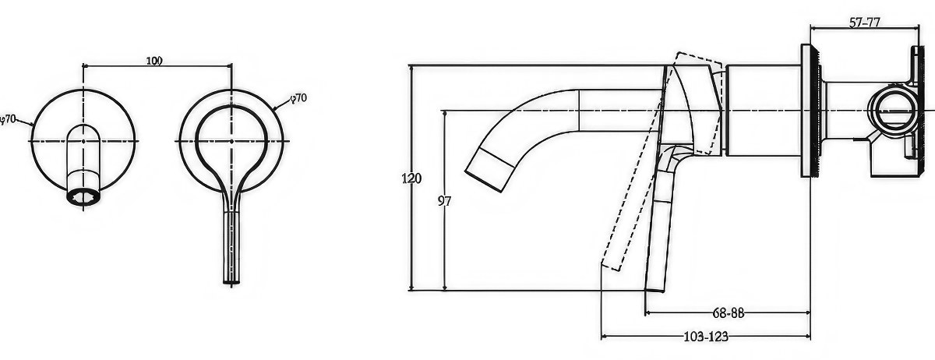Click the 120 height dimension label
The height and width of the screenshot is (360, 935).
pos(411,178)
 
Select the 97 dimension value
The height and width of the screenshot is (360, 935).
pos(444,201)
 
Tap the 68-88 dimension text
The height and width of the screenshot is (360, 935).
pos(729,312)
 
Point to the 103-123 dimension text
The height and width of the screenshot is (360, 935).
pos(706,336)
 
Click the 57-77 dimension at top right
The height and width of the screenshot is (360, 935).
pos(864,23)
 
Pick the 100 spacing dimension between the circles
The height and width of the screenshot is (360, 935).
pos(154,61)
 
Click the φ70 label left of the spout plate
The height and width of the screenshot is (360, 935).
pos(8,119)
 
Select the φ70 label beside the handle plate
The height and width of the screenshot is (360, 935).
pos(299,98)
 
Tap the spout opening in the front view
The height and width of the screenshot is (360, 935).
pos(83,196)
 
